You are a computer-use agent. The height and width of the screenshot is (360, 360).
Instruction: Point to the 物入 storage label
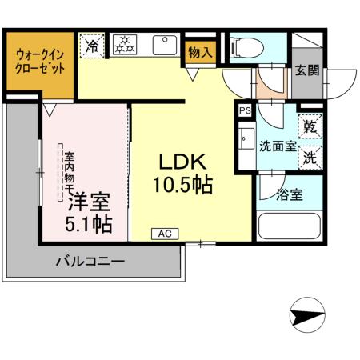tap(200, 53)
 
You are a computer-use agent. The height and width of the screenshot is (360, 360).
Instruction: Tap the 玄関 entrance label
tap(307, 70)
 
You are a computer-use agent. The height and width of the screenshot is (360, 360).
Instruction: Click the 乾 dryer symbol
tap(310, 126)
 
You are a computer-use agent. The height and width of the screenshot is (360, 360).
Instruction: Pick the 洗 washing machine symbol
tap(310, 156)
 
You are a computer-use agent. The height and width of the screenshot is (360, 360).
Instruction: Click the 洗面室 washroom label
tap(276, 147)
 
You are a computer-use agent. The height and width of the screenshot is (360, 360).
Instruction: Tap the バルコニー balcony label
tap(89, 261)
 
